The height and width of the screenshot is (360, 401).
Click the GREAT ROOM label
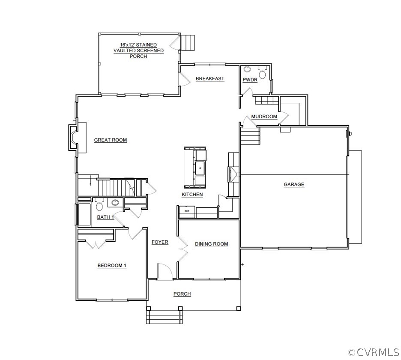point(110,140)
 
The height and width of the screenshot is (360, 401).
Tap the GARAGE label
point(294,185)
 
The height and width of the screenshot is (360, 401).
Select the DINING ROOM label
point(211,244)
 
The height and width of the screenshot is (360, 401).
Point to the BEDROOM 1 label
point(112,266)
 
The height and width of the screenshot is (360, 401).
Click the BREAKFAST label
point(210,78)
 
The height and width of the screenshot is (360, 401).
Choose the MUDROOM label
point(264,117)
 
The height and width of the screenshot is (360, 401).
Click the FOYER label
point(160,242)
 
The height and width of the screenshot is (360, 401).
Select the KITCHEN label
point(192,195)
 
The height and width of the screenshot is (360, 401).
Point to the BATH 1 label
point(105,217)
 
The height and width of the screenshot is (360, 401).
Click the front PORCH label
point(182,294)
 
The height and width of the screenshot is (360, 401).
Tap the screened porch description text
point(138,51)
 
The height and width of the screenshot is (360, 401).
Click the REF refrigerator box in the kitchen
point(187,211)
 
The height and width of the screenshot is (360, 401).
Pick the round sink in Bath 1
point(115,203)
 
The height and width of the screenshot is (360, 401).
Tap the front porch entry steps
point(166,318)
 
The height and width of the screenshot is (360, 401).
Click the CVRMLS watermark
point(374,352)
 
